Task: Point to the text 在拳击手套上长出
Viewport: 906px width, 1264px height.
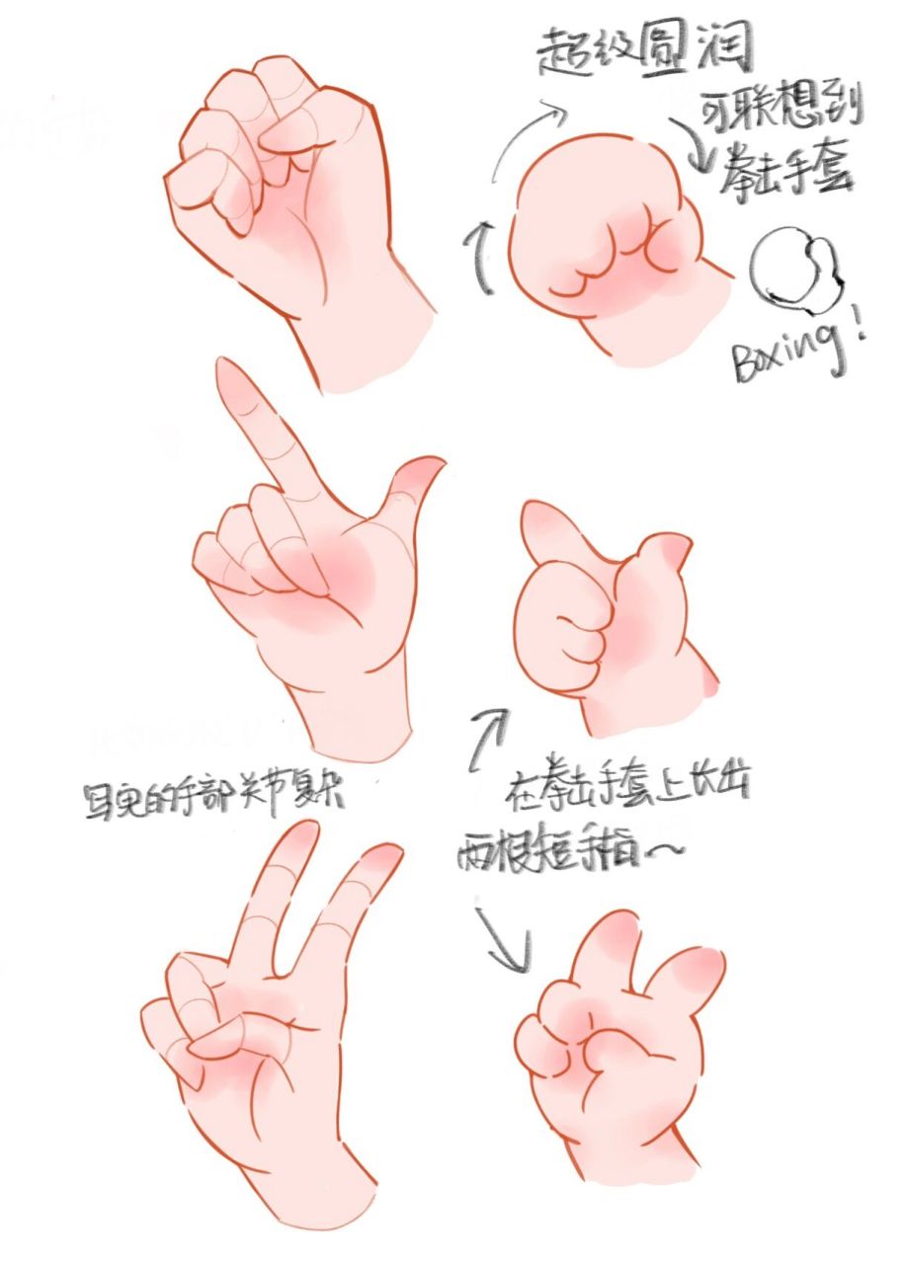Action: tap(632, 785)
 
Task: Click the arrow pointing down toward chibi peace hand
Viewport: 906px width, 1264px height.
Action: tap(504, 938)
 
